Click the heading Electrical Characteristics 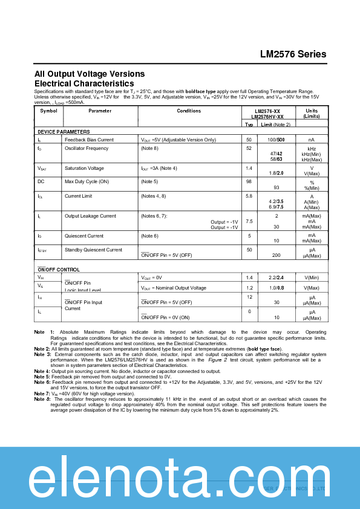84,83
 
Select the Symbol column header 48,111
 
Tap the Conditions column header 189,111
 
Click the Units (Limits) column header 312,114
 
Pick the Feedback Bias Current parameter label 89,140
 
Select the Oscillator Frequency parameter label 87,148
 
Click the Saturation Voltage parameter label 84,168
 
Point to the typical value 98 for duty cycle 249,181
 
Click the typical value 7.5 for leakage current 249,221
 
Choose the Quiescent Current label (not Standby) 84,236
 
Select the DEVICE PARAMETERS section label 64,132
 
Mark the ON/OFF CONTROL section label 59,270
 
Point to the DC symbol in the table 41,181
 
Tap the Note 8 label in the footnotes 42,400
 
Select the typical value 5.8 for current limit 249,196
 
